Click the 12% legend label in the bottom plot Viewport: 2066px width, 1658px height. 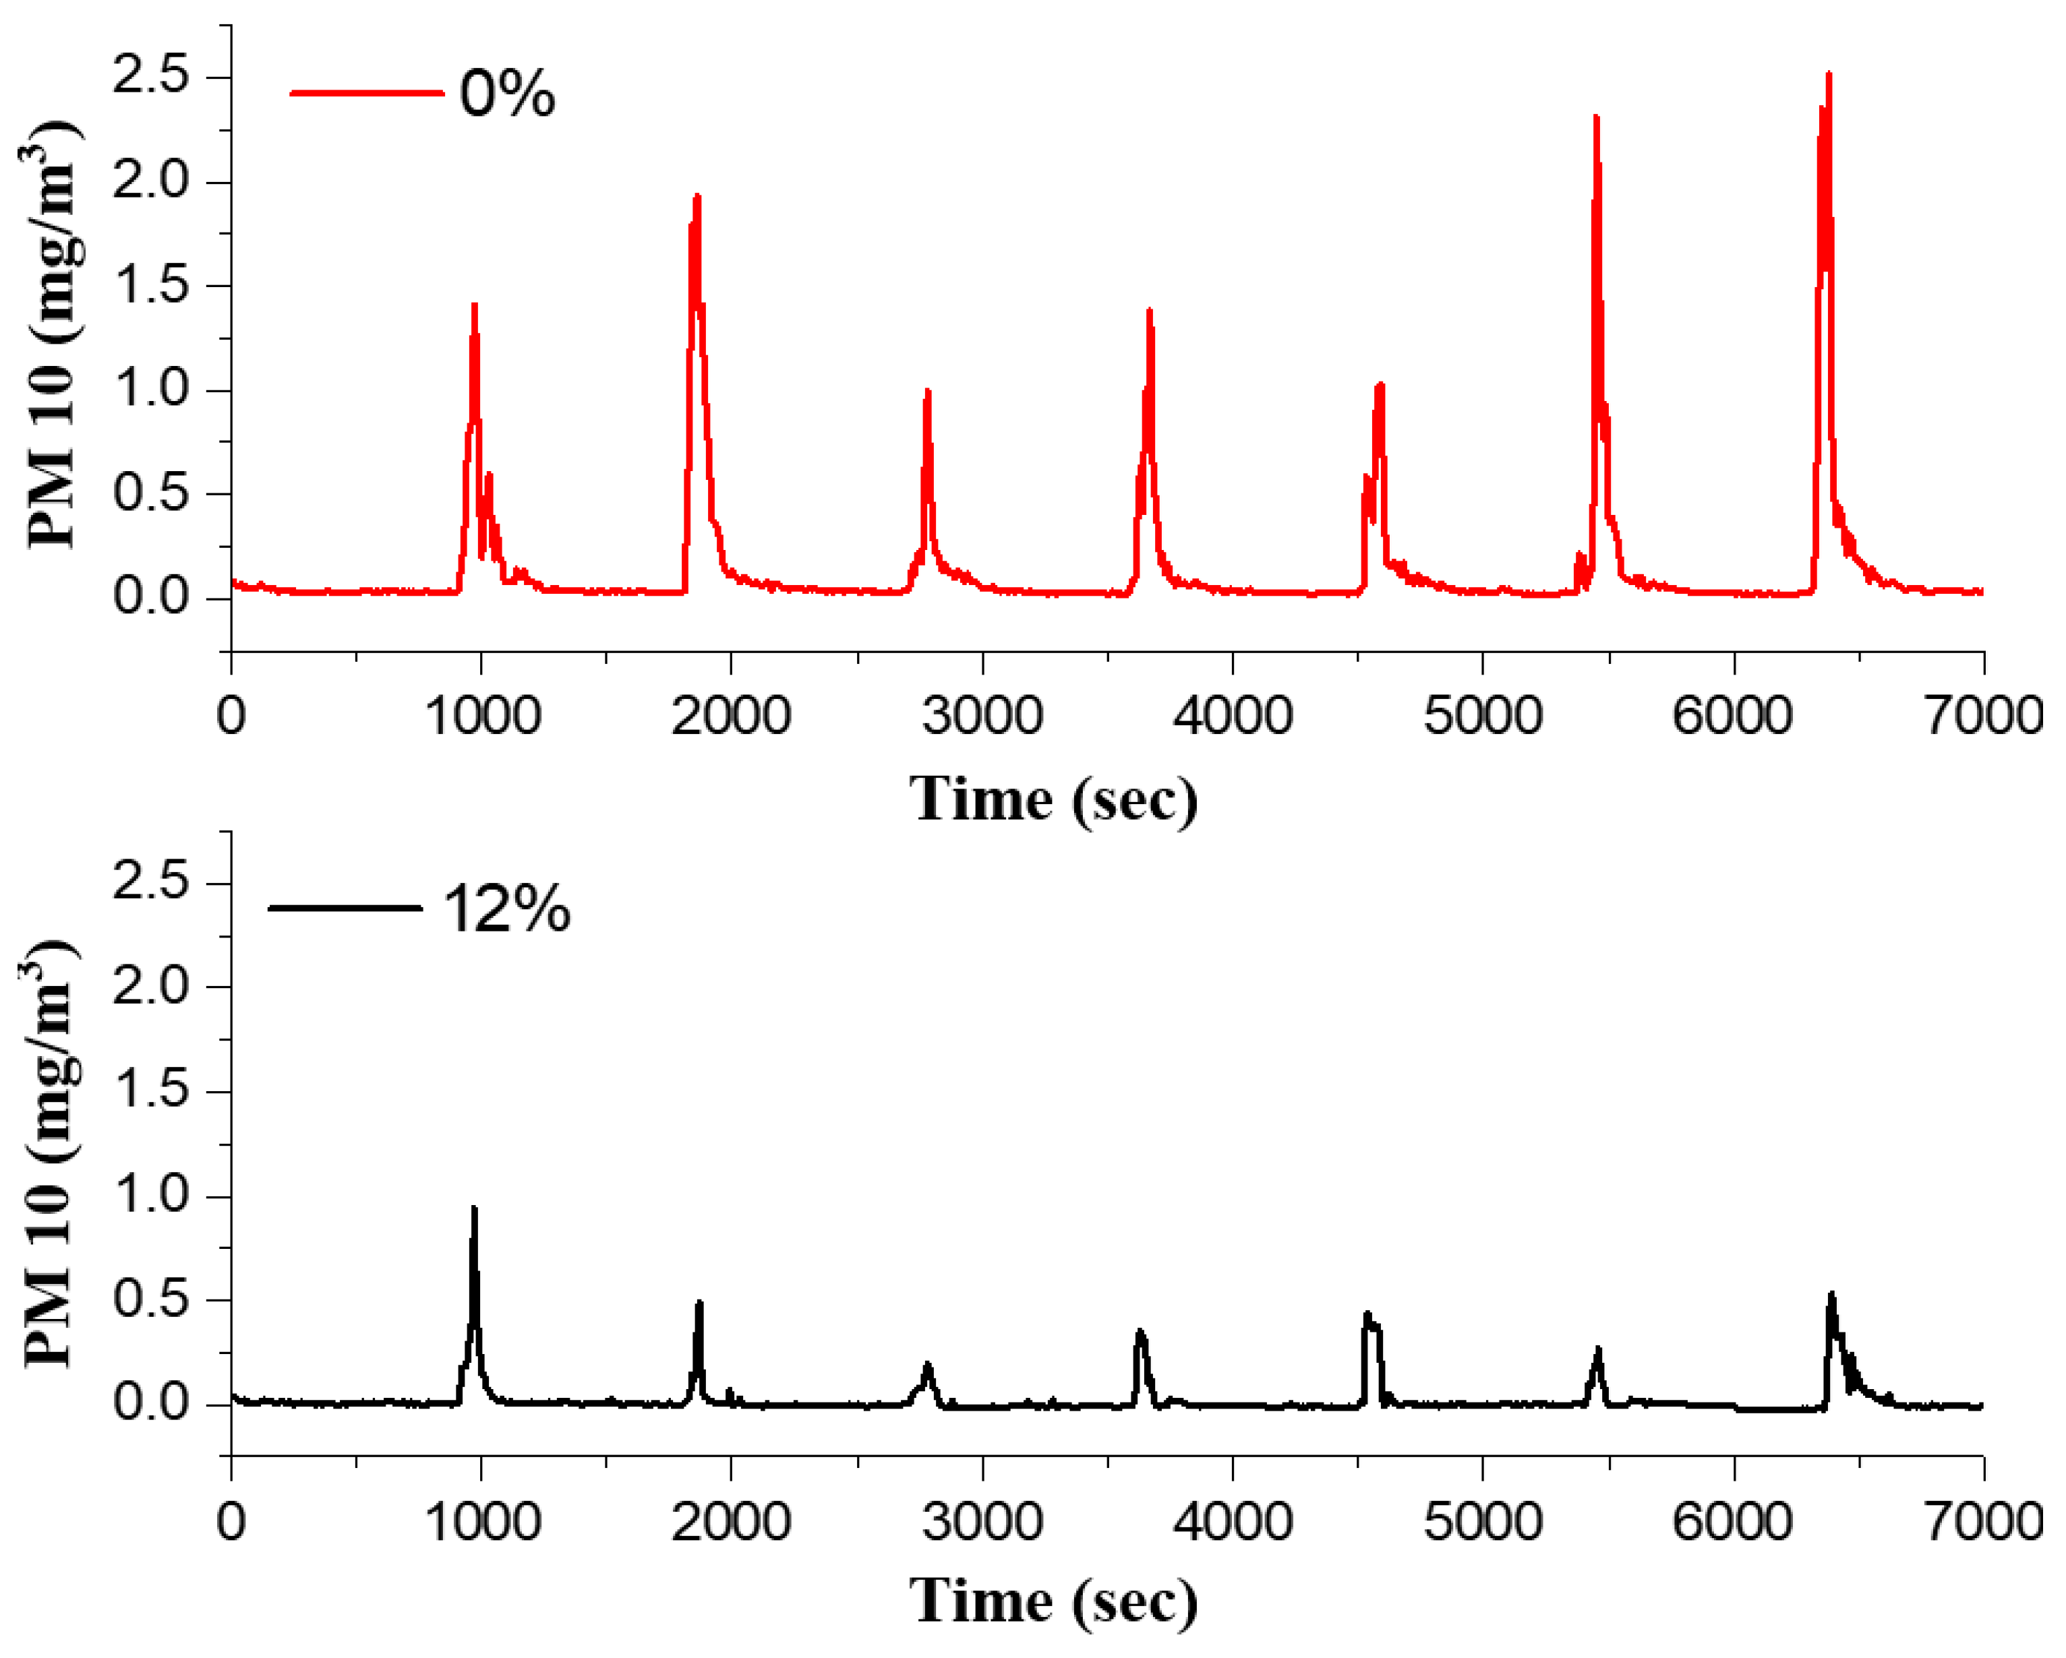[x=507, y=909]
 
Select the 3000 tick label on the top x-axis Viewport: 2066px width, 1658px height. [x=982, y=716]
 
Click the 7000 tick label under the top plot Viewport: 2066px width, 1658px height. [x=1984, y=716]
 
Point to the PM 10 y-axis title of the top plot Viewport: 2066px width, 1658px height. [x=50, y=335]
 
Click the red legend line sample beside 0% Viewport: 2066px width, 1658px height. [x=367, y=94]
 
